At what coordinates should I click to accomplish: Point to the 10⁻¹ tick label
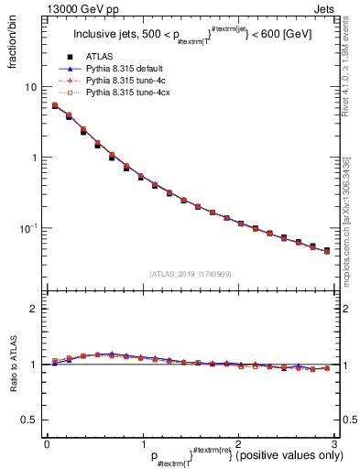[x=30, y=227]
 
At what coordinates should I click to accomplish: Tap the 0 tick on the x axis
[x=47, y=444]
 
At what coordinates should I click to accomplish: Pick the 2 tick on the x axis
[x=238, y=444]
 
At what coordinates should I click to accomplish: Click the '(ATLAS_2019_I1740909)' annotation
[x=191, y=274]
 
